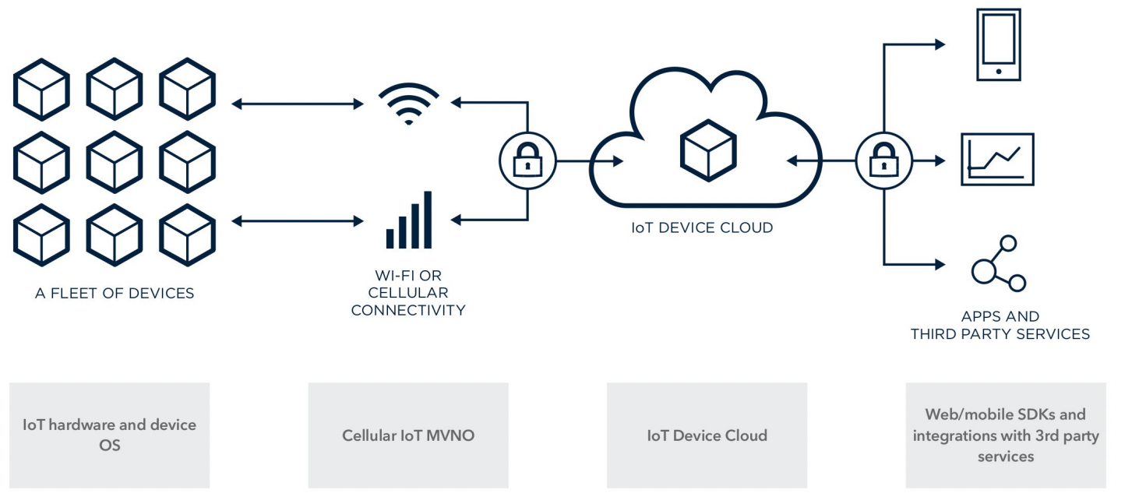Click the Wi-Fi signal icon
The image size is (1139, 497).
point(408,104)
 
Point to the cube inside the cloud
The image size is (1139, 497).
point(707,150)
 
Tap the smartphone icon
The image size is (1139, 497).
point(998,45)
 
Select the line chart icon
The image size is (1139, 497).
point(997,159)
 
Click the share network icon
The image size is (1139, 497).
point(998,264)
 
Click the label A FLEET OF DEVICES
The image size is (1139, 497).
point(115,294)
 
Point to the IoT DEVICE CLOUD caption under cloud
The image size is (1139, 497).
point(702,228)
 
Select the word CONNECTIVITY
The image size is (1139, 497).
point(408,310)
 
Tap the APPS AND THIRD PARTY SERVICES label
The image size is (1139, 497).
point(1000,326)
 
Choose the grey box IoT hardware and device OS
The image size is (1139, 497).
point(110,435)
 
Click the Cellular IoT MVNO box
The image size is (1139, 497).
point(408,435)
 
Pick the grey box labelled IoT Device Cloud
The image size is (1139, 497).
point(707,435)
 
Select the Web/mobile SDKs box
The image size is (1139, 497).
point(1005,435)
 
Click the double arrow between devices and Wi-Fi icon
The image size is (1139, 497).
point(298,104)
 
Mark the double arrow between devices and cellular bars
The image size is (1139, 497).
point(298,221)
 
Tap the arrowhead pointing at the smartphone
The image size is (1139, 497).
point(939,44)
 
